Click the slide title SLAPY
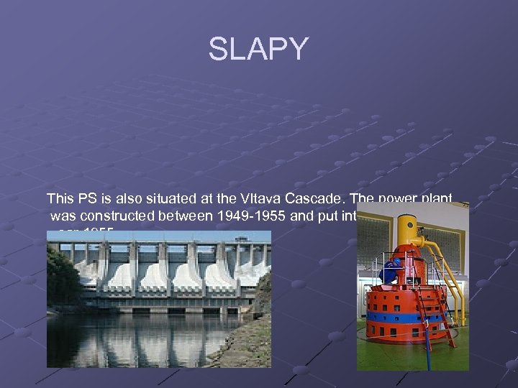[x=258, y=50]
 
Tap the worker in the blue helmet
[x=390, y=272]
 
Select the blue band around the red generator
[x=403, y=316]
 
